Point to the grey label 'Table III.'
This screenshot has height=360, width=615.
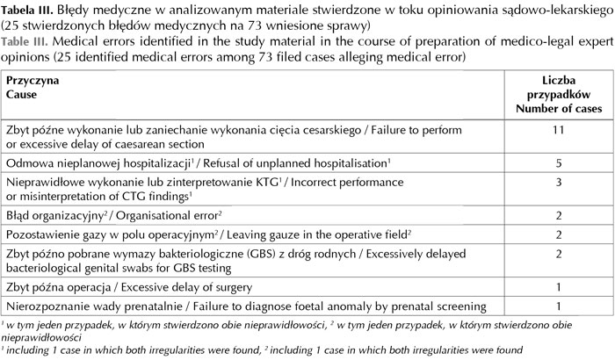coord(28,40)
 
